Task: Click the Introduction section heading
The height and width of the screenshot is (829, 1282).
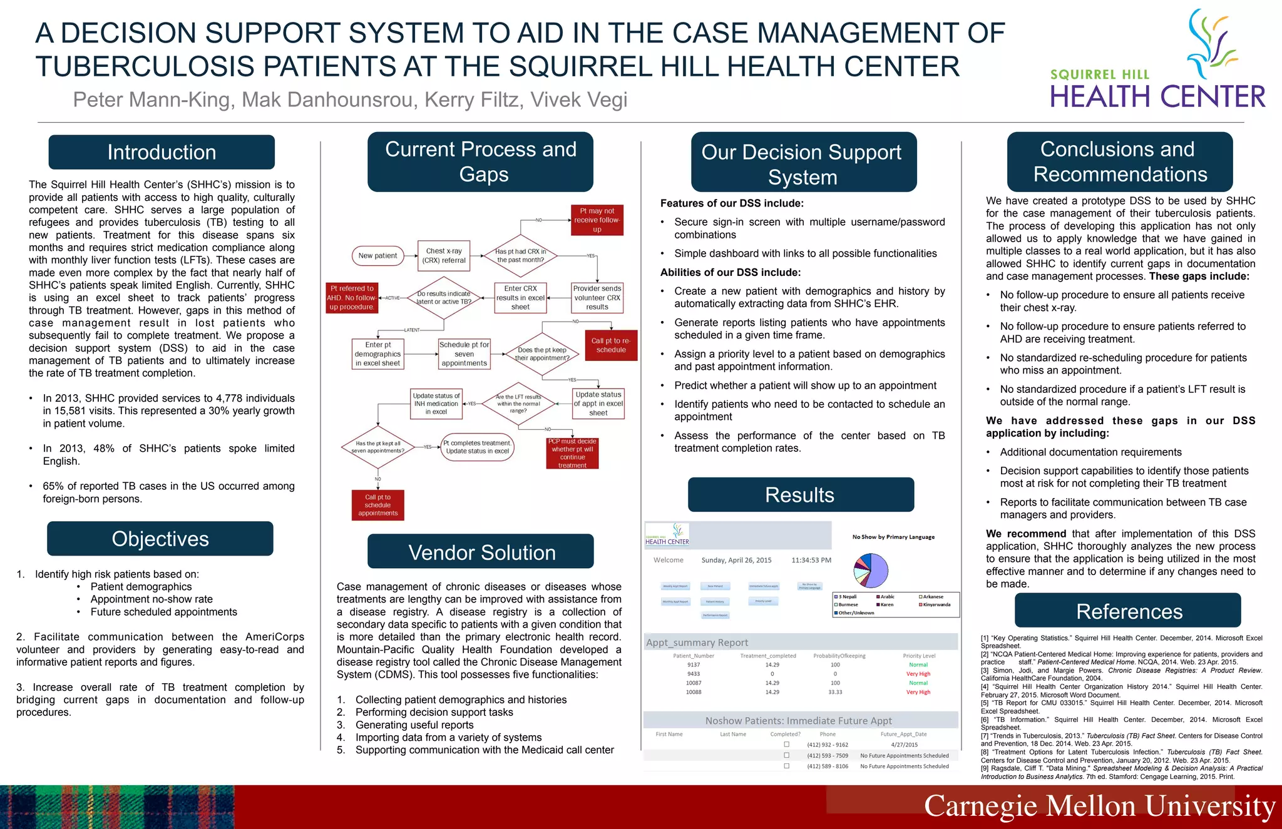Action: click(x=162, y=152)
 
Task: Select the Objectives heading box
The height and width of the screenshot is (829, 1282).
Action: click(x=160, y=539)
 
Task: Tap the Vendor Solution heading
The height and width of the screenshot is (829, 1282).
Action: click(x=481, y=552)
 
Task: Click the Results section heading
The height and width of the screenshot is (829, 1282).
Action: click(x=800, y=495)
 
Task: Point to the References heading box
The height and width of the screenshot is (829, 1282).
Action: click(x=1128, y=611)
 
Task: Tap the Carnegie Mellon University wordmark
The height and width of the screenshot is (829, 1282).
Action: click(x=1099, y=806)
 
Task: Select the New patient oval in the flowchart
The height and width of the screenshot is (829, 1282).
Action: click(x=377, y=255)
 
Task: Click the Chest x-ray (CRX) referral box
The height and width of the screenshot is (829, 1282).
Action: click(x=444, y=255)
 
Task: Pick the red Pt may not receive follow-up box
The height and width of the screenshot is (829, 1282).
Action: click(x=597, y=220)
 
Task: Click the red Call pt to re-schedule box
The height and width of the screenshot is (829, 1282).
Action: click(x=610, y=345)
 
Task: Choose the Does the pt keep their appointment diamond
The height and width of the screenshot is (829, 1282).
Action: click(x=542, y=354)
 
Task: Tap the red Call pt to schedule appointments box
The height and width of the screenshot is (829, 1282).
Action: click(x=377, y=505)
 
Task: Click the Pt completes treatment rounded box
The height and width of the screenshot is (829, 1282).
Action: click(x=478, y=447)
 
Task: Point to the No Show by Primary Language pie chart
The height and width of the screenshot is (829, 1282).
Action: click(x=871, y=570)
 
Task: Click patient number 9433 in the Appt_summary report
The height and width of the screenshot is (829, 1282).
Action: click(x=694, y=674)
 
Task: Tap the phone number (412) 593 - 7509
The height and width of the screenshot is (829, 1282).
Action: click(x=828, y=756)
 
